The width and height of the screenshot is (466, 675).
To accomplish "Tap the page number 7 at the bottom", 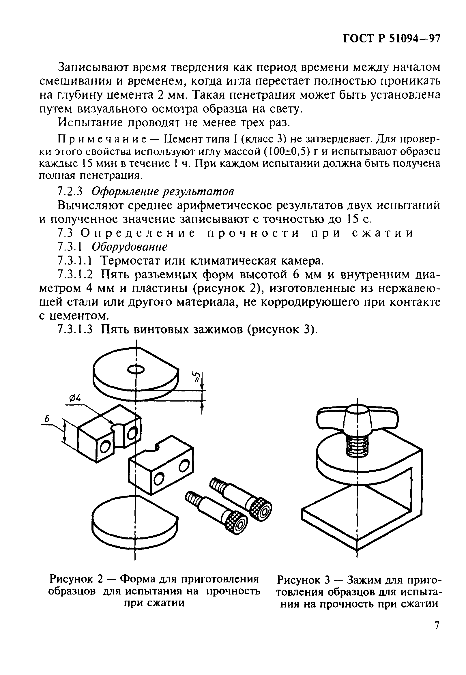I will pos(437,633).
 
